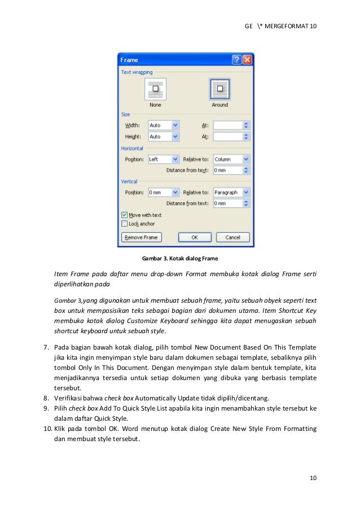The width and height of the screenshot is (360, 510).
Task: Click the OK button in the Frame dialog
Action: [x=194, y=238]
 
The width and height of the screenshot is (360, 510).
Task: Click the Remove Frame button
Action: [x=141, y=238]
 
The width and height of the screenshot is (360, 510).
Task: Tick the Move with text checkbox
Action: [x=125, y=215]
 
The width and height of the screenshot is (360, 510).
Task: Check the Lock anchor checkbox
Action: [x=125, y=224]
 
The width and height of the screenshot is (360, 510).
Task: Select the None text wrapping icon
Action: [x=155, y=90]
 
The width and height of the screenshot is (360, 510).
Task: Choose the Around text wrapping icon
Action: [x=219, y=90]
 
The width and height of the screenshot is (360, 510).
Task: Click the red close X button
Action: [x=248, y=60]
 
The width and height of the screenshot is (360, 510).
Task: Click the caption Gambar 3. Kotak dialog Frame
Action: [x=179, y=259]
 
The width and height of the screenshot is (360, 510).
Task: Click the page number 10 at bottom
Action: [x=313, y=479]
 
